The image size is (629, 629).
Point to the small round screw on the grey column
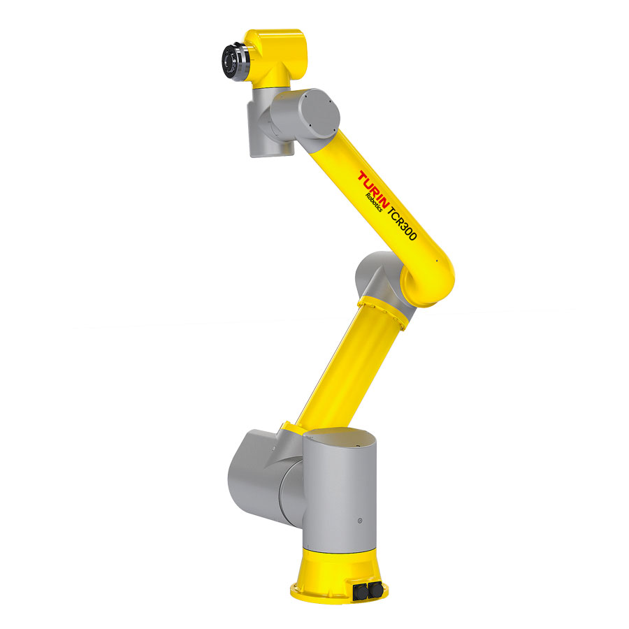(359, 521)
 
